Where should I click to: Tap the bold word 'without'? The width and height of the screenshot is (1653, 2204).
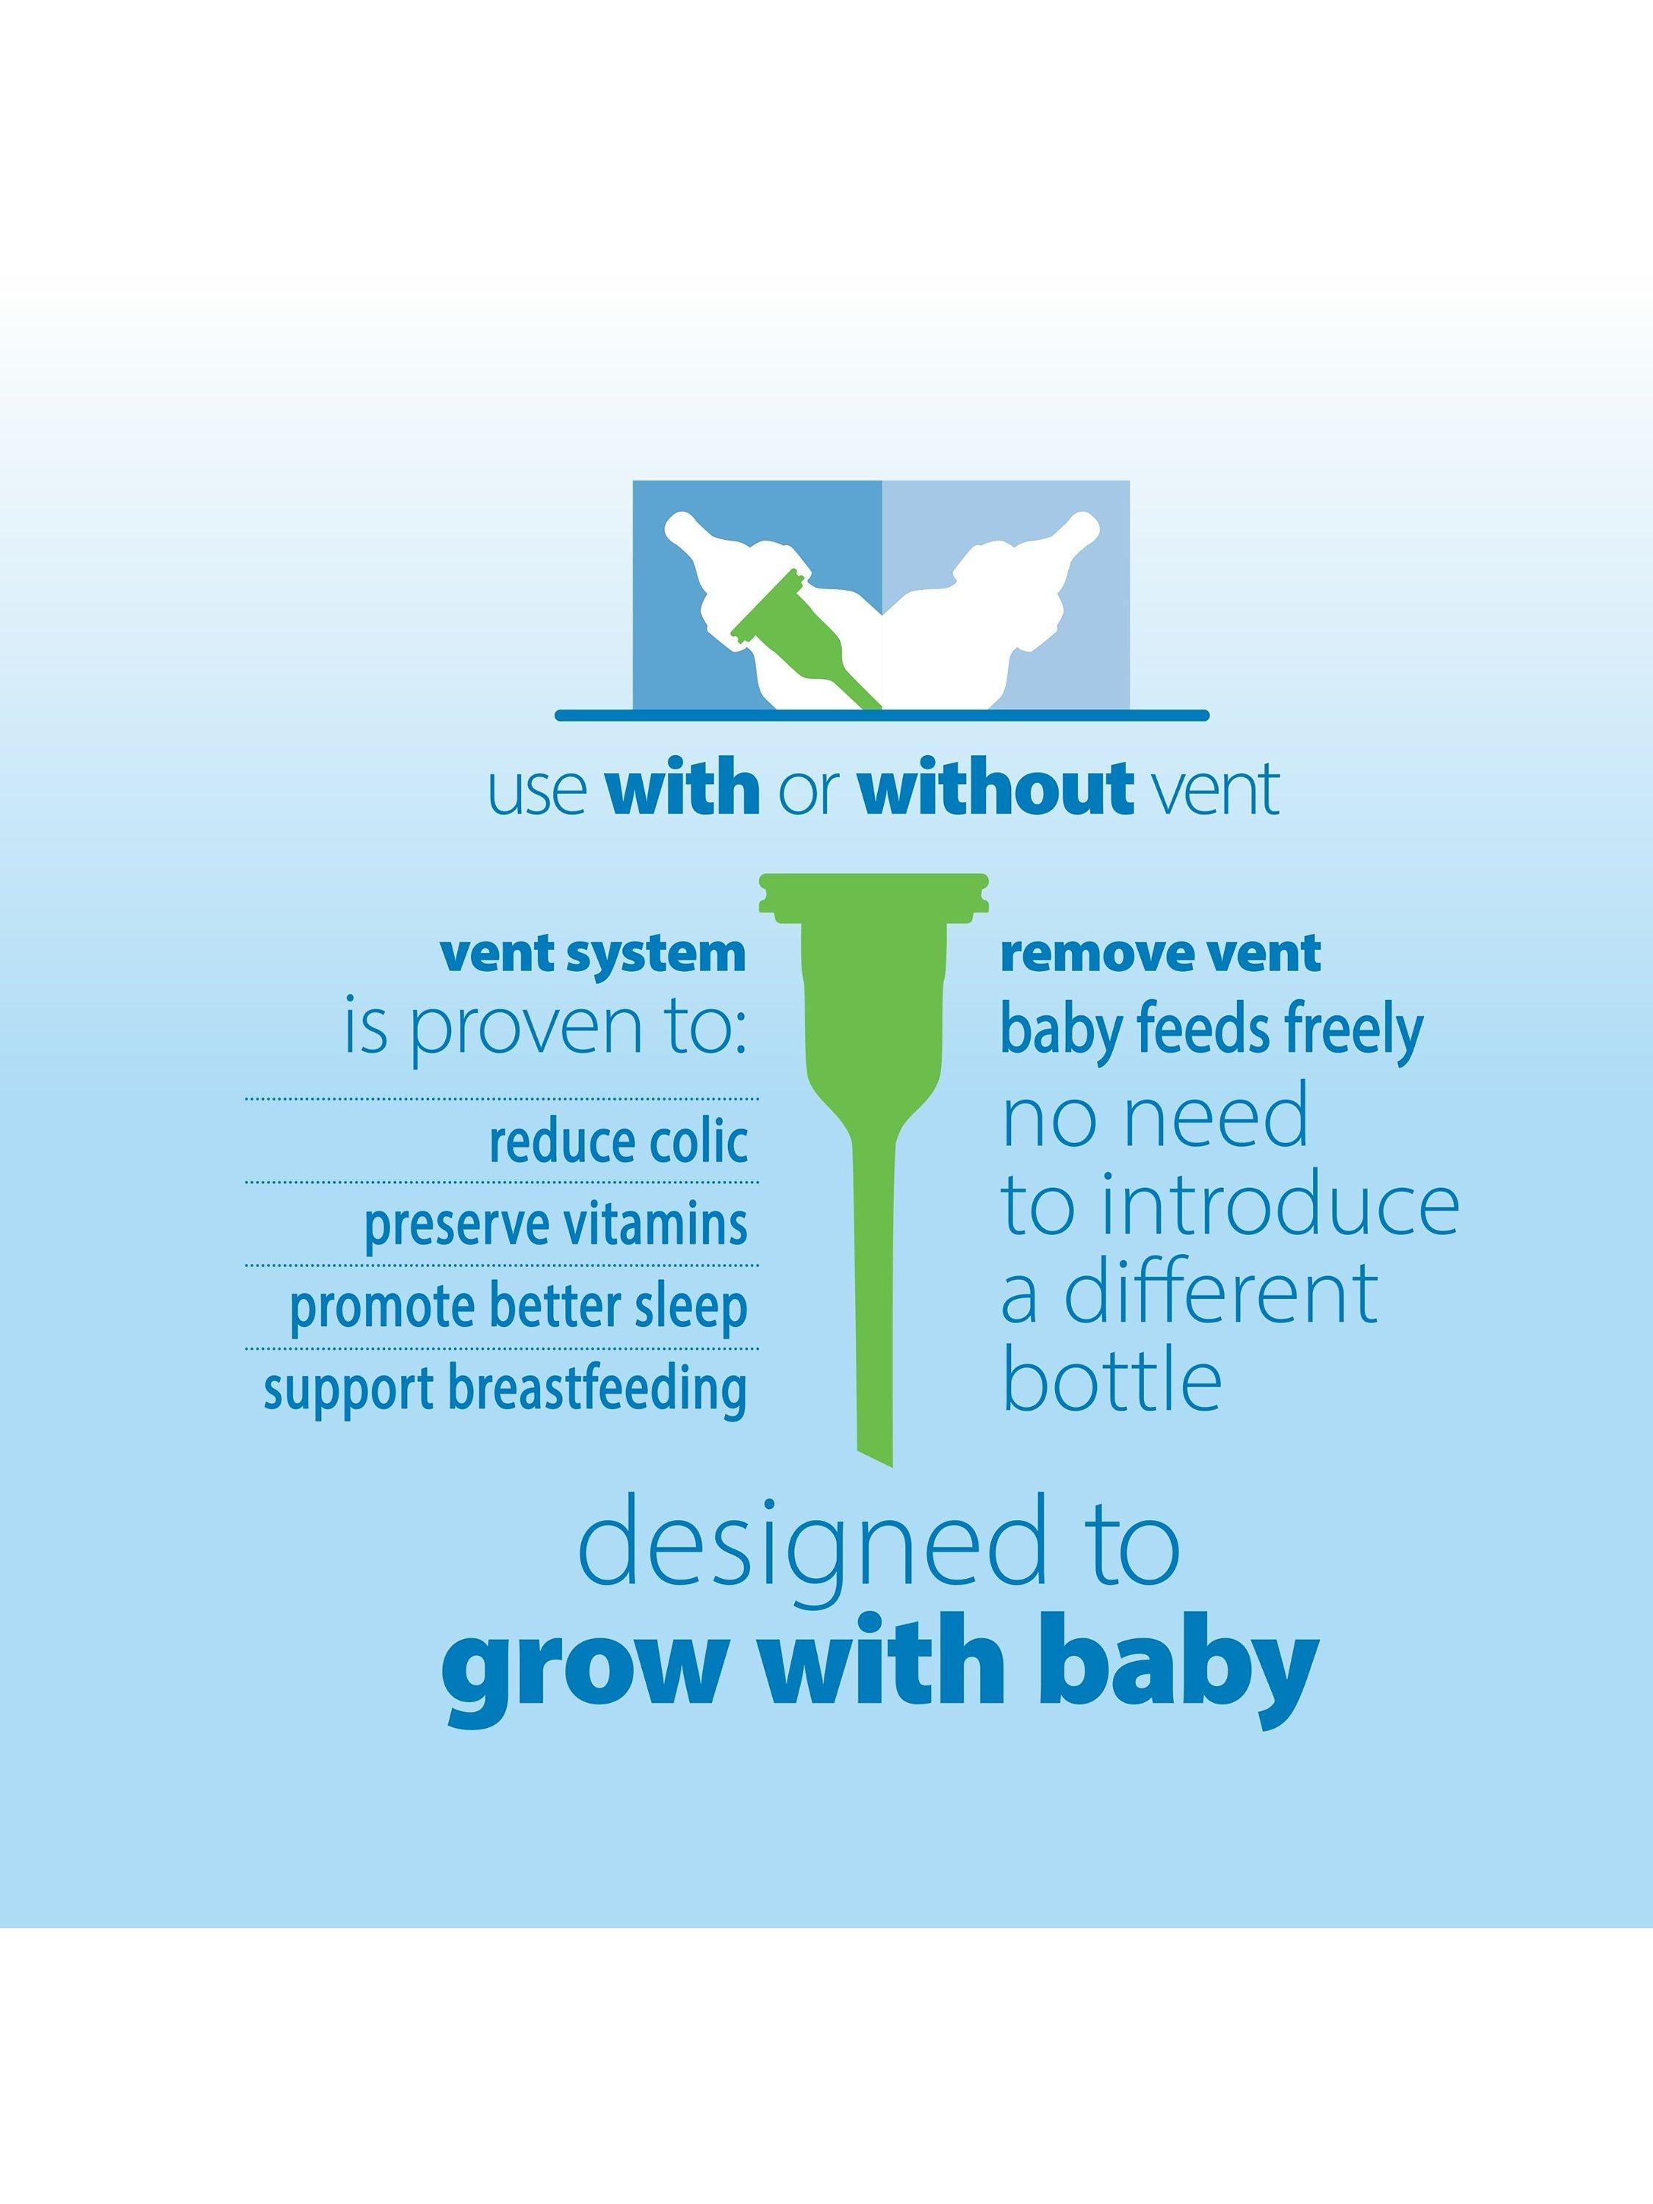(995, 790)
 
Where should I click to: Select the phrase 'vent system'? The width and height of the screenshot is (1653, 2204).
(593, 954)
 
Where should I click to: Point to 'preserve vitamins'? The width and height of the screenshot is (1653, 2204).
(556, 1225)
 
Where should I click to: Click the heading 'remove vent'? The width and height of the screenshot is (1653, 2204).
(1161, 954)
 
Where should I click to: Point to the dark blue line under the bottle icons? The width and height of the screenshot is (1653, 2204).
(882, 716)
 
